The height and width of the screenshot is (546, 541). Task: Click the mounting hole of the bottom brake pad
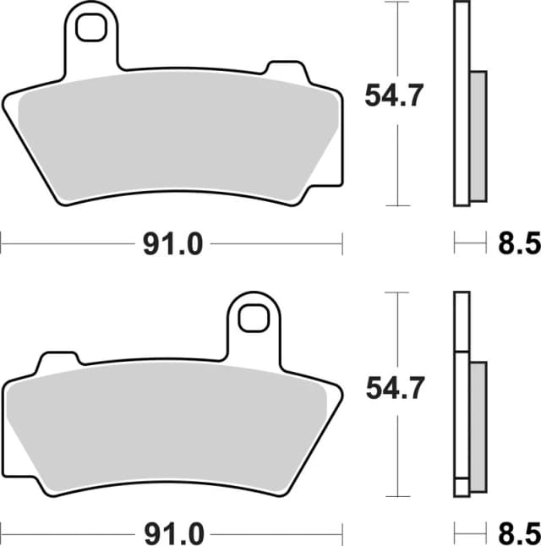tap(252, 319)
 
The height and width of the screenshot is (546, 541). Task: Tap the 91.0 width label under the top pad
tap(172, 245)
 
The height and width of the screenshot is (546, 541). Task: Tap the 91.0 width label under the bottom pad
tap(172, 534)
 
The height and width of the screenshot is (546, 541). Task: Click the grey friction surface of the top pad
tap(178, 135)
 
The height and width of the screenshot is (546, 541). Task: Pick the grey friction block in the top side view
tap(478, 135)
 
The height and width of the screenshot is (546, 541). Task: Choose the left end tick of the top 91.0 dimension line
tap(2, 245)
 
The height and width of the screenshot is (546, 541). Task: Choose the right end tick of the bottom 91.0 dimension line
tap(342, 534)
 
